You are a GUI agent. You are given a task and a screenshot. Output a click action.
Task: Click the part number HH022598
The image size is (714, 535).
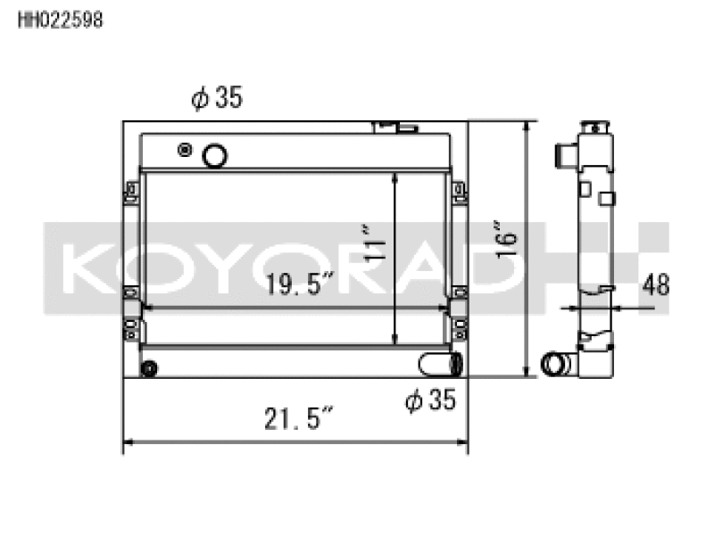pos(61,20)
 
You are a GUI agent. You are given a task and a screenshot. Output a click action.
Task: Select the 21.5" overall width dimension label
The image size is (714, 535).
pos(299,418)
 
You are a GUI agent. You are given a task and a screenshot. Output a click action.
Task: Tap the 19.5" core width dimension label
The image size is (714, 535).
pos(300,284)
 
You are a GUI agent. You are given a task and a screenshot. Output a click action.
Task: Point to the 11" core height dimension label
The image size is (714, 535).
pos(374,243)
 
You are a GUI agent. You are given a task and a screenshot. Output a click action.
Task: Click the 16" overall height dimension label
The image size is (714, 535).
pos(506,240)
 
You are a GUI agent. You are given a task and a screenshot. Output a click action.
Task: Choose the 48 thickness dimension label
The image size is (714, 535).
pos(656,284)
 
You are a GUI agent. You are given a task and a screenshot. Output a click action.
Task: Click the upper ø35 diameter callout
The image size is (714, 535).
pos(217,98)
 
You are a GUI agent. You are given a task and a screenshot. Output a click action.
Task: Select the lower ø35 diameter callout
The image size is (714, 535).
pos(430,399)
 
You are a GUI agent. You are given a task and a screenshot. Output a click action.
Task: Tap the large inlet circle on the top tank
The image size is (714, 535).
pos(214,155)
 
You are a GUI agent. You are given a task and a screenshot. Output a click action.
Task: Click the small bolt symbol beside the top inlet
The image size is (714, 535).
pos(185,149)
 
